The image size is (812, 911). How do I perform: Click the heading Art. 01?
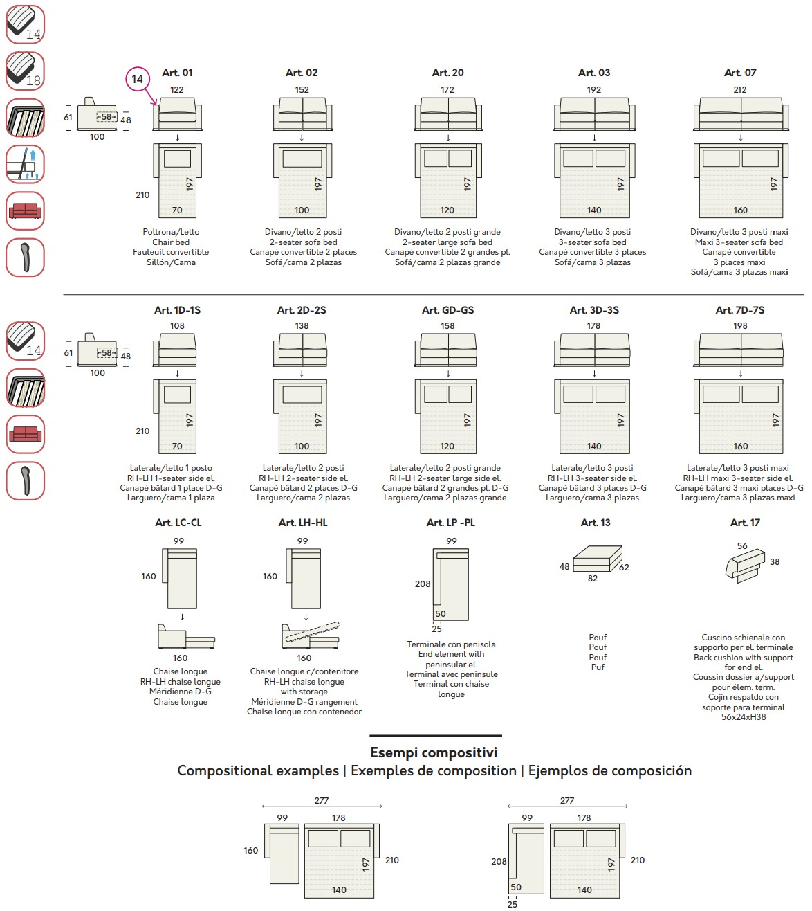pyautogui.click(x=177, y=73)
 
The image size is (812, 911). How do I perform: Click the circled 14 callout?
pyautogui.click(x=137, y=79)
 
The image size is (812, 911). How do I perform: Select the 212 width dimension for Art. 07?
pyautogui.click(x=739, y=89)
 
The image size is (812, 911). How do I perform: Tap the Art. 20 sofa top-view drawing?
pyautogui.click(x=447, y=114)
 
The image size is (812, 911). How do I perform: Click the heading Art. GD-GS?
pyautogui.click(x=447, y=310)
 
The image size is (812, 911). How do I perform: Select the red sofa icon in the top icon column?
pyautogui.click(x=25, y=210)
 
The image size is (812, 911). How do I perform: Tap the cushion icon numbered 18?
pyautogui.click(x=25, y=71)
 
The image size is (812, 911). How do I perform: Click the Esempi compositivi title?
pyautogui.click(x=434, y=752)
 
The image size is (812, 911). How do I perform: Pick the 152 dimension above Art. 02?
pyautogui.click(x=302, y=89)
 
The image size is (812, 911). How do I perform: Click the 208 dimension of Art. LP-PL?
pyautogui.click(x=423, y=584)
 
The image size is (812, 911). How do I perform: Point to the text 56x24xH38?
pyautogui.click(x=744, y=717)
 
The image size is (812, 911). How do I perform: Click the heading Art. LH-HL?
pyautogui.click(x=303, y=523)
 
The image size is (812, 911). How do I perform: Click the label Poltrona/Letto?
pyautogui.click(x=171, y=232)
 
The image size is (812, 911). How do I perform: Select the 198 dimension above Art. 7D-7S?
pyautogui.click(x=740, y=325)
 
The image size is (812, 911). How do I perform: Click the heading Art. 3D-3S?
pyautogui.click(x=594, y=310)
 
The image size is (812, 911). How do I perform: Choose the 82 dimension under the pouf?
pyautogui.click(x=593, y=579)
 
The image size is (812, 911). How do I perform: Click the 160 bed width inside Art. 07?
pyautogui.click(x=740, y=210)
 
